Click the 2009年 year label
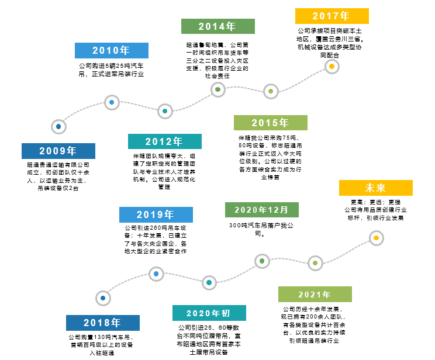click(58, 151)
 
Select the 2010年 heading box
click(111, 50)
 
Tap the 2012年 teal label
click(164, 141)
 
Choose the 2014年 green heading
click(217, 26)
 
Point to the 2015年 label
click(270, 123)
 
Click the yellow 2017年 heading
click(332, 16)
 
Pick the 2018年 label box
click(102, 323)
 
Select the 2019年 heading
click(156, 214)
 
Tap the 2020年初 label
click(209, 313)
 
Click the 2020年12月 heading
click(261, 210)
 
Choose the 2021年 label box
click(315, 295)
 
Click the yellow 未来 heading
click(375, 188)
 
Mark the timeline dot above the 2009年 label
click(58, 126)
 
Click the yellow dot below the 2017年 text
click(332, 67)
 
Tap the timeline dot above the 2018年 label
click(103, 298)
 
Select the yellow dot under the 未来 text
click(376, 238)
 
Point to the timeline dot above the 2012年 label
click(165, 111)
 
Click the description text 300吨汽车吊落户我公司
click(261, 229)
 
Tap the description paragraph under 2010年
click(111, 70)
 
